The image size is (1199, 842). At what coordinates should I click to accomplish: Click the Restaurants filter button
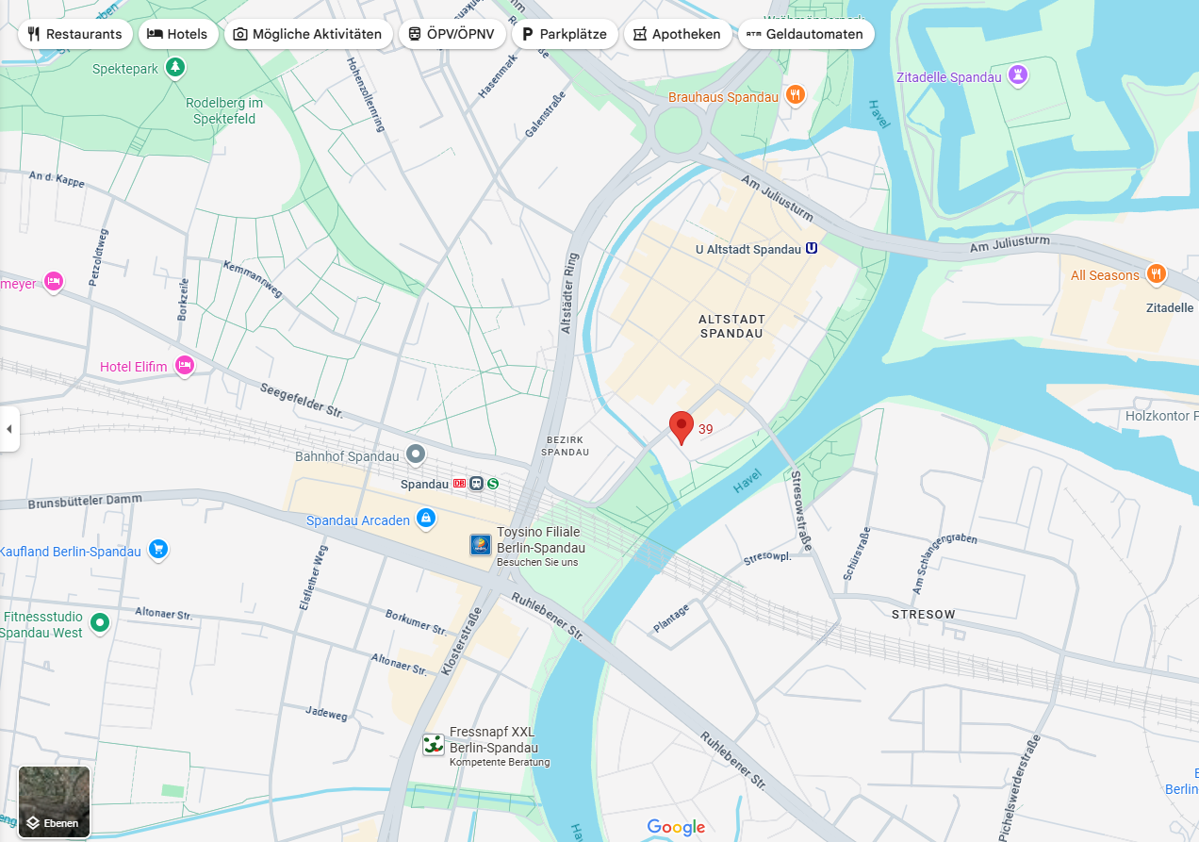(x=75, y=34)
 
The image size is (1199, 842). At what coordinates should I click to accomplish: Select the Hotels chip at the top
(x=178, y=34)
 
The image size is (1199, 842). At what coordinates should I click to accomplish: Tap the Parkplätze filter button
(x=564, y=34)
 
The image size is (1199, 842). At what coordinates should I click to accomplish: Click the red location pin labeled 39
(x=682, y=426)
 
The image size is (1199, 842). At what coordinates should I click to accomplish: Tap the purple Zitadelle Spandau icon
(x=1017, y=74)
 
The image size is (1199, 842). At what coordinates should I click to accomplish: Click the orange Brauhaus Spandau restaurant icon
(x=796, y=94)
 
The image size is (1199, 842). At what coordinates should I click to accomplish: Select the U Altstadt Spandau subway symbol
(x=811, y=249)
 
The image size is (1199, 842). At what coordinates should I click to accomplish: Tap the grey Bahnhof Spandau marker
(x=415, y=454)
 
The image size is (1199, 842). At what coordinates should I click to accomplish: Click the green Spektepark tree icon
(x=174, y=67)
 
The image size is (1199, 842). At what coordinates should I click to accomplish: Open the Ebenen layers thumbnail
(x=55, y=801)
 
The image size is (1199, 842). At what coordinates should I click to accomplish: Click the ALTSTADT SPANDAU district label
(x=731, y=326)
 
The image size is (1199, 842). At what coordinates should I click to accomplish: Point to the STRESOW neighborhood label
(x=923, y=614)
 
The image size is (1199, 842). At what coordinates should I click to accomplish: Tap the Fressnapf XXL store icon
(x=433, y=744)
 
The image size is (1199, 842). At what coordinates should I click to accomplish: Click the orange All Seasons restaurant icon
(x=1156, y=274)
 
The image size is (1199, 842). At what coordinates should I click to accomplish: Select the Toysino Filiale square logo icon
(x=481, y=544)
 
